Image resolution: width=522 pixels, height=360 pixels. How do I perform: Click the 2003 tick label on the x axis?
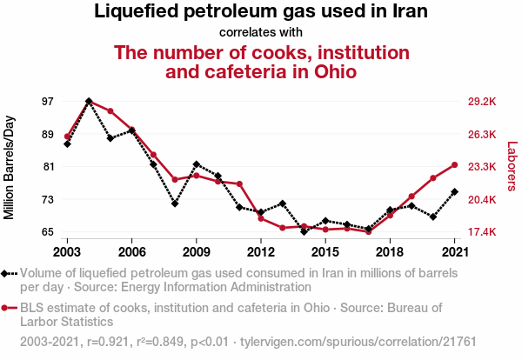[x=67, y=252]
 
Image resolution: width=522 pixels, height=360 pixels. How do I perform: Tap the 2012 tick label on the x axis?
[x=261, y=252]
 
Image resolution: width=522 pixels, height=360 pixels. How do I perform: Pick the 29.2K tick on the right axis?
[x=482, y=102]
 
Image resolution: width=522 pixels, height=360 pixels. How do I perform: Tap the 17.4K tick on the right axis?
[x=482, y=232]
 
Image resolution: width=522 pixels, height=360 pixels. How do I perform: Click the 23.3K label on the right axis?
[x=482, y=166]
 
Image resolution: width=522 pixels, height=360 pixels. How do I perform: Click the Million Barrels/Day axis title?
[x=10, y=166]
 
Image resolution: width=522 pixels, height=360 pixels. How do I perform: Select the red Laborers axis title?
[x=512, y=166]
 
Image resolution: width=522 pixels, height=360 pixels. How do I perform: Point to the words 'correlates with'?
[x=261, y=33]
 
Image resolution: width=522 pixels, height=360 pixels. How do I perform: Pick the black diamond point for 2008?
[x=175, y=203]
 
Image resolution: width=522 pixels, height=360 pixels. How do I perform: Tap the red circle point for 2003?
[x=67, y=137]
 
